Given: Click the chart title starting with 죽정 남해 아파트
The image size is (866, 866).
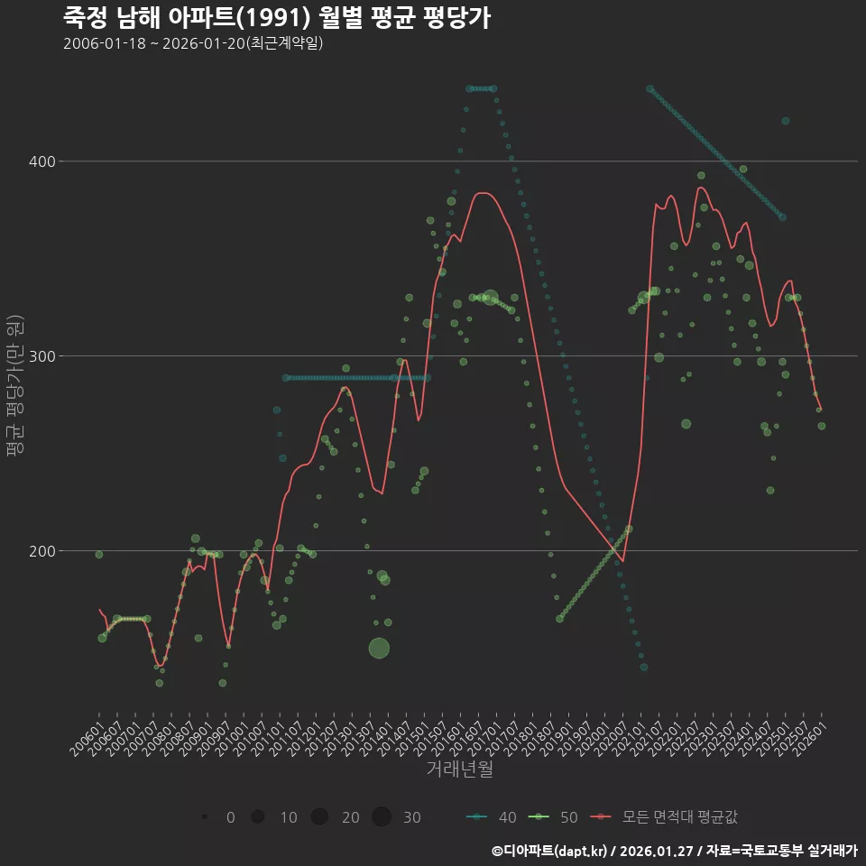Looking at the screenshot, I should (x=277, y=17).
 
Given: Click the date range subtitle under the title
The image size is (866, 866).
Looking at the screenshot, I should (x=193, y=43).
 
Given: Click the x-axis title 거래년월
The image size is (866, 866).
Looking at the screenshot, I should (x=459, y=769).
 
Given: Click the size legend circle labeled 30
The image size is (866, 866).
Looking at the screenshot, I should (x=382, y=817).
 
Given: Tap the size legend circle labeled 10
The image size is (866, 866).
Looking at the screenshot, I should (x=258, y=817).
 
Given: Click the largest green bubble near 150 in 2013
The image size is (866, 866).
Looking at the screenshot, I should (x=379, y=648).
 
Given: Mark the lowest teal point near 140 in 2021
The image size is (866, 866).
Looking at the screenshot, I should (x=643, y=667).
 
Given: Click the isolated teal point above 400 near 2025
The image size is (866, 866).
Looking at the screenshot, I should (x=785, y=121).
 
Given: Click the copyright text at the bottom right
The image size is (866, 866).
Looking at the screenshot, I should (x=674, y=851).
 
